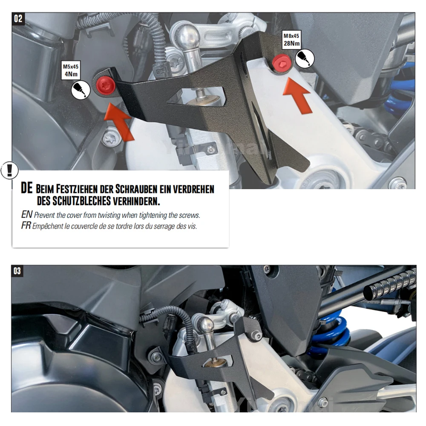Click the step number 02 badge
(x=18, y=19)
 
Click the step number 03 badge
(x=17, y=271)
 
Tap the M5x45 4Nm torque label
(x=71, y=70)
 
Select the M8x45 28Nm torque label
(x=291, y=40)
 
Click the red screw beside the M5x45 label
(x=106, y=85)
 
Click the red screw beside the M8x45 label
(x=282, y=63)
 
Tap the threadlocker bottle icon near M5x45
(x=81, y=89)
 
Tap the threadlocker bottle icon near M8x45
(x=305, y=58)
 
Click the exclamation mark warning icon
(x=9, y=171)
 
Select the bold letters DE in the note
(x=26, y=188)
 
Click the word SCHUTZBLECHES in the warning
(x=74, y=201)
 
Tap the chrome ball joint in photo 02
(x=188, y=36)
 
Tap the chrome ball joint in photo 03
(x=206, y=324)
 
